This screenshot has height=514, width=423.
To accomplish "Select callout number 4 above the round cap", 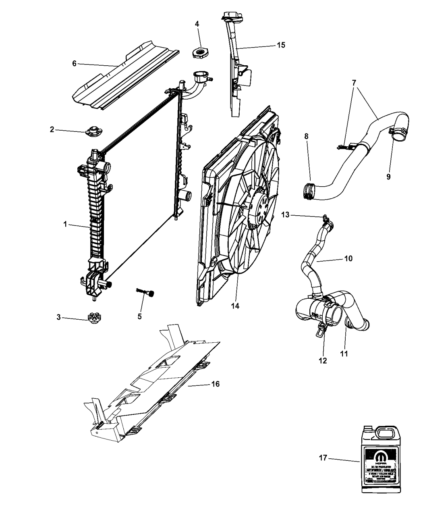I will click(x=197, y=24).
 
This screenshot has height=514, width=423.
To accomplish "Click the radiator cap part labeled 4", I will click(x=200, y=53).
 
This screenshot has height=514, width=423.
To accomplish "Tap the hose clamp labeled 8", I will click(x=309, y=191).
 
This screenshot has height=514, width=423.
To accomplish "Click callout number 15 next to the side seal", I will click(x=281, y=45).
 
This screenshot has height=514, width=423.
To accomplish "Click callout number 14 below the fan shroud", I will click(x=235, y=306).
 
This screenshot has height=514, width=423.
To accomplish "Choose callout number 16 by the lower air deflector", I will click(x=216, y=384).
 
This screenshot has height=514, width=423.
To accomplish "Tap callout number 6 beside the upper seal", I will click(x=74, y=63).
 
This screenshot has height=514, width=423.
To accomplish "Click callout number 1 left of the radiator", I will click(x=65, y=224).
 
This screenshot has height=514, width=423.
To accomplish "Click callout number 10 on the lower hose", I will click(x=348, y=258).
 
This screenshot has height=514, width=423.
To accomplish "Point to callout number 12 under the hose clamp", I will click(x=322, y=360).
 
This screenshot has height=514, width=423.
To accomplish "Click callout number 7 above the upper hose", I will click(x=354, y=82).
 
